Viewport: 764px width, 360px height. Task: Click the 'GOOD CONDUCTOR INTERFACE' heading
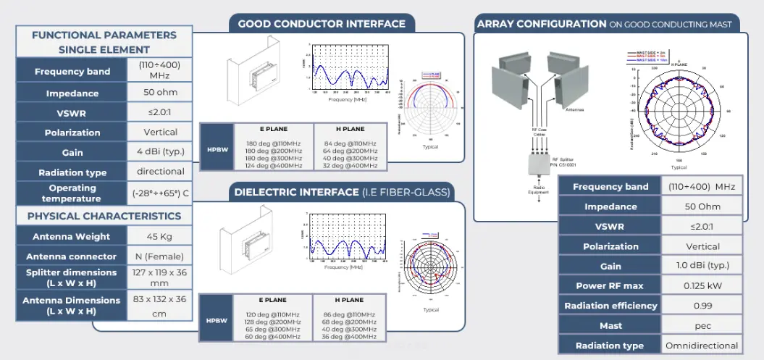click(322, 24)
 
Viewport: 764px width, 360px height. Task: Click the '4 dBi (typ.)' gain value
click(160, 152)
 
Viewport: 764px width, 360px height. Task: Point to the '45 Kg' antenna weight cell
click(160, 236)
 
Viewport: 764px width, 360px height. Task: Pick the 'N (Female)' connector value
click(160, 256)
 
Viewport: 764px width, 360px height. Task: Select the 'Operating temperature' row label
click(71, 193)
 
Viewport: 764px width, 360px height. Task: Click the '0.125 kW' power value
click(702, 285)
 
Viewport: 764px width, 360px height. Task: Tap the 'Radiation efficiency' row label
click(610, 306)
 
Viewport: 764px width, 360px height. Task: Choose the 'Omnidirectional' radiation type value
click(702, 346)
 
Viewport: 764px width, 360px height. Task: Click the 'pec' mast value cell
click(702, 325)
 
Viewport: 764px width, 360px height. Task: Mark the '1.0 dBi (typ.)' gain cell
click(702, 266)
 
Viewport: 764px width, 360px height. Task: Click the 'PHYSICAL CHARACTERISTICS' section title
click(104, 216)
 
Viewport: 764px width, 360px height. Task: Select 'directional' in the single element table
click(160, 172)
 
